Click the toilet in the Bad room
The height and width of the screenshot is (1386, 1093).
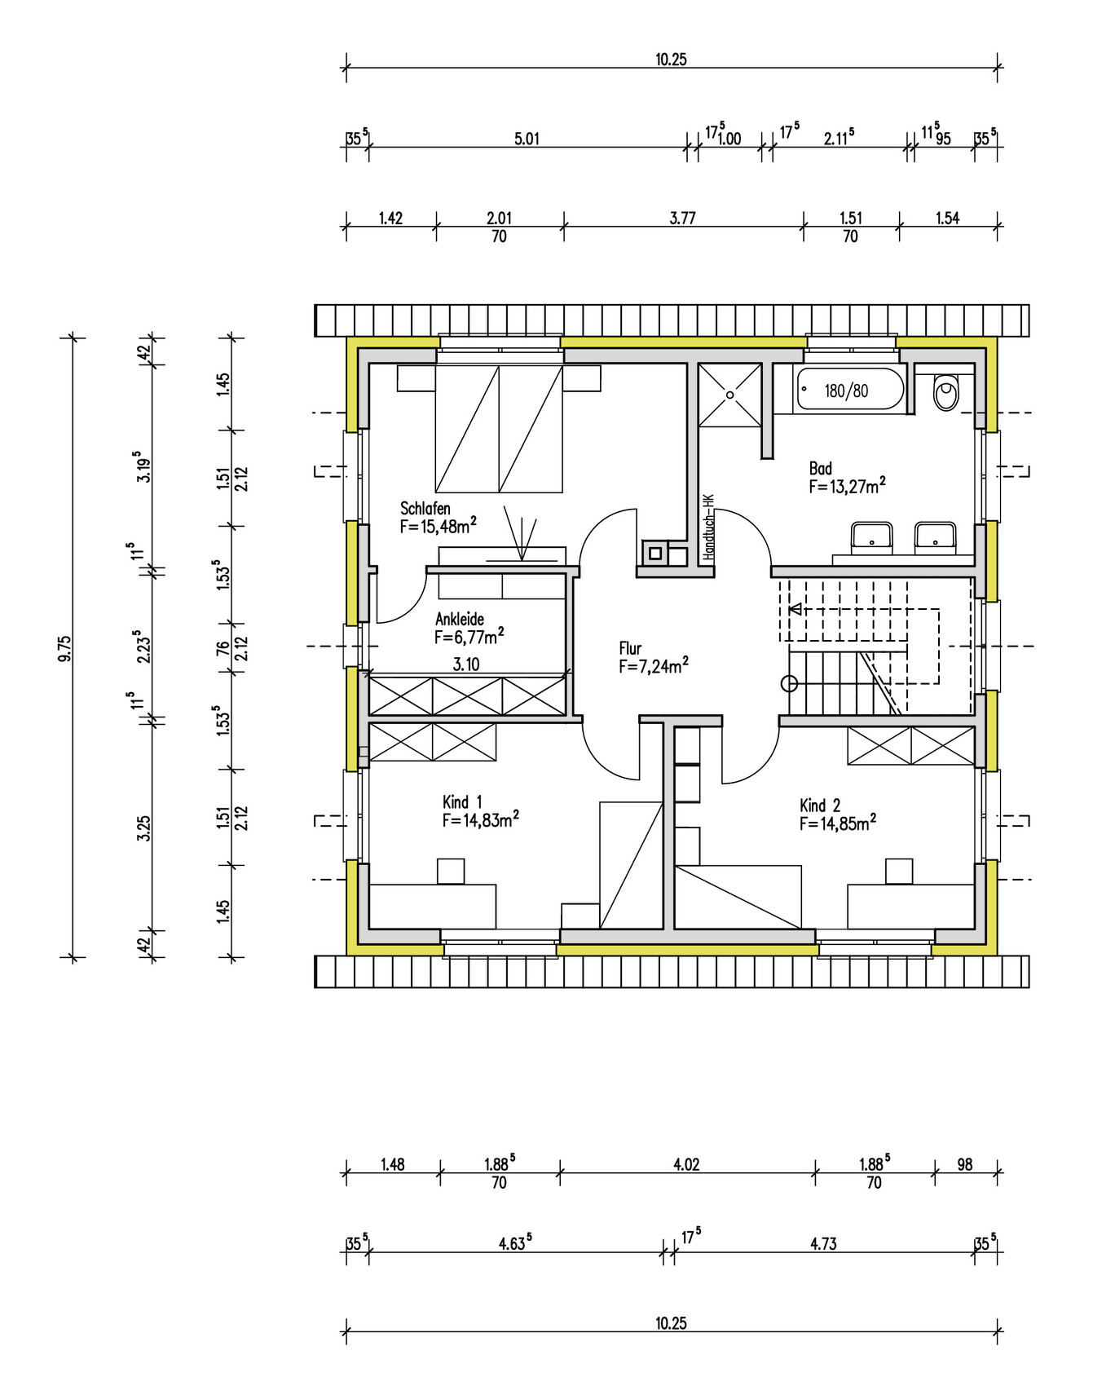(x=946, y=392)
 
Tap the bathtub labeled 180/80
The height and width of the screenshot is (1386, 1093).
(x=850, y=390)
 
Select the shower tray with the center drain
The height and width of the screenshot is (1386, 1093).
(x=730, y=395)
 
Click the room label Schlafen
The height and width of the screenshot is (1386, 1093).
(x=425, y=508)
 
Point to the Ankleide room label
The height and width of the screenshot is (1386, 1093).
(x=460, y=619)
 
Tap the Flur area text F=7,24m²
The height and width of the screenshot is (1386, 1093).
(x=654, y=666)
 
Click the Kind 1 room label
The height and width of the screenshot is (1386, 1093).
(x=462, y=801)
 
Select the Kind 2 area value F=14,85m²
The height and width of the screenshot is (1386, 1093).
(x=838, y=823)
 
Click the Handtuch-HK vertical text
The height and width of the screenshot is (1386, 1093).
(x=708, y=526)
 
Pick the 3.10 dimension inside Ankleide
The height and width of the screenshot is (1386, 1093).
(x=466, y=664)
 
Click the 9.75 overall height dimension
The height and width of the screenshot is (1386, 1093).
(x=64, y=648)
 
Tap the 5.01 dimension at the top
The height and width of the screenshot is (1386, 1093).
(x=527, y=139)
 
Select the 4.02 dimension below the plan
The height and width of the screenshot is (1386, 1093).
(x=686, y=1164)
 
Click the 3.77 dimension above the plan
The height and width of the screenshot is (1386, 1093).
(x=683, y=218)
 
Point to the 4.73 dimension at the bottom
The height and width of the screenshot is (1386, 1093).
(x=823, y=1243)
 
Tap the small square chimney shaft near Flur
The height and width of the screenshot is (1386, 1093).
(x=654, y=554)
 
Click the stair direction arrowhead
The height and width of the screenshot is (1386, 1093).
(x=795, y=609)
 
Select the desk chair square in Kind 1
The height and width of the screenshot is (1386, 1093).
(x=451, y=871)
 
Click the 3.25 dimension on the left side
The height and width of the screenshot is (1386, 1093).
(x=144, y=828)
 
